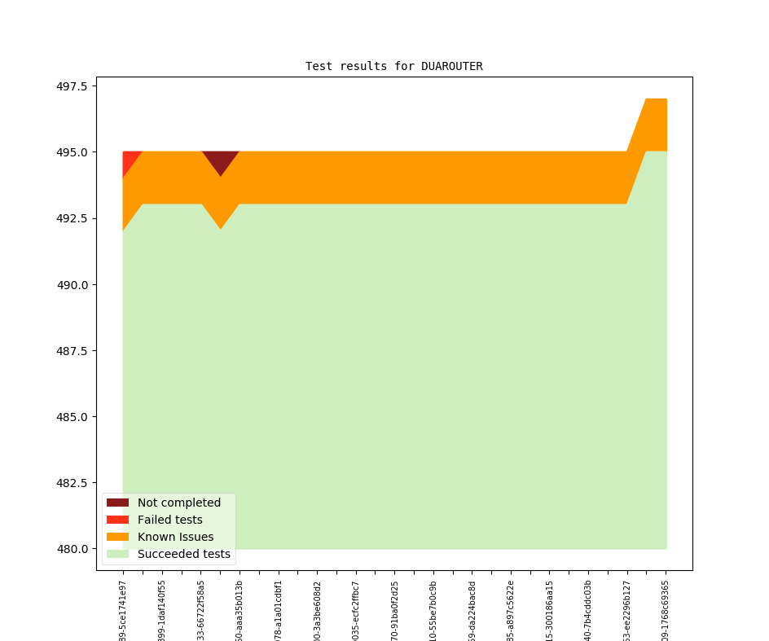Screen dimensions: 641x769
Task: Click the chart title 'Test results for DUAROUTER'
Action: [x=393, y=66]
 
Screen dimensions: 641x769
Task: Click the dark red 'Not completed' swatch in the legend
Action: [x=117, y=503]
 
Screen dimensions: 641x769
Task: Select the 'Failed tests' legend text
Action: [x=169, y=520]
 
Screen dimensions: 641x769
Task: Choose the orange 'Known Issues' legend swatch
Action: [x=117, y=537]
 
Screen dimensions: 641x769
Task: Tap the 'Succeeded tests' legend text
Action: [x=183, y=554]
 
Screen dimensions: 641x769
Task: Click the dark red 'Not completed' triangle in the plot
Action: [x=221, y=160]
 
